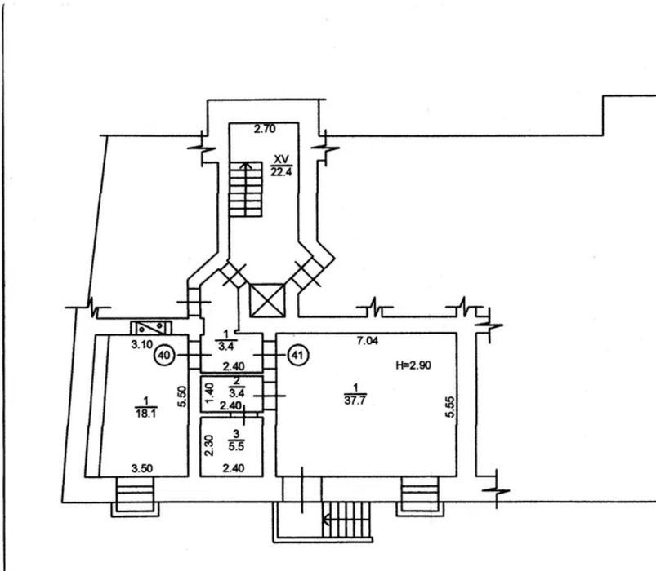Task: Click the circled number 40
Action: tap(164, 356)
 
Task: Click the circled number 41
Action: tap(297, 356)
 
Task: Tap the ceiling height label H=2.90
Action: tap(413, 365)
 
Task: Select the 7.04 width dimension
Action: tap(368, 341)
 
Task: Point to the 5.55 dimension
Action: tap(450, 407)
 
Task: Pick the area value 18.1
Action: tap(145, 414)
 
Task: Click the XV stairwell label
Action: tap(281, 159)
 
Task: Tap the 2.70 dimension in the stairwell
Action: tap(265, 129)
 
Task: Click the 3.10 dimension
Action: tap(142, 344)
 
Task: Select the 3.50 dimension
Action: tap(142, 468)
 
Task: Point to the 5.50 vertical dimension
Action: tap(181, 396)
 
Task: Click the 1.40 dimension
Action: tap(210, 392)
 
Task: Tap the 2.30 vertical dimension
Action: tap(210, 445)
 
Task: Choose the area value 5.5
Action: tap(236, 446)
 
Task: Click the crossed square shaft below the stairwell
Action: tap(267, 300)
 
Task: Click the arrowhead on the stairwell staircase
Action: tap(247, 166)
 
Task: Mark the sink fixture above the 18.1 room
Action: tap(151, 328)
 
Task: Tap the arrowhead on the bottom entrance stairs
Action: tap(327, 520)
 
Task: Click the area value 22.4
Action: tap(281, 171)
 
